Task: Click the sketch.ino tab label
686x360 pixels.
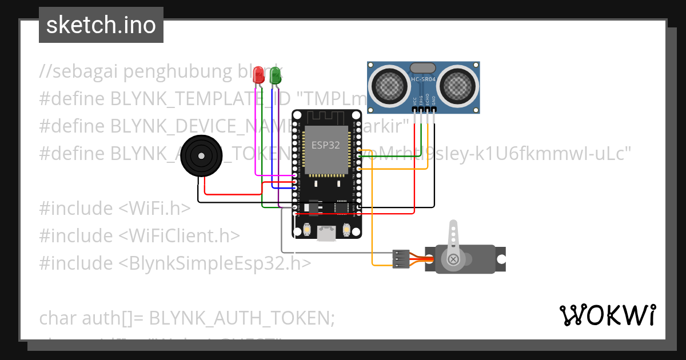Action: click(x=101, y=25)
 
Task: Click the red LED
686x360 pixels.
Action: click(x=259, y=75)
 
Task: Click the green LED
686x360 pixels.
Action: click(x=275, y=75)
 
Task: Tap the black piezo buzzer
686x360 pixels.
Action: click(x=201, y=156)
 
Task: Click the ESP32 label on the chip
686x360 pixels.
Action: click(x=325, y=145)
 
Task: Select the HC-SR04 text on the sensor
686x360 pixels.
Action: click(x=423, y=79)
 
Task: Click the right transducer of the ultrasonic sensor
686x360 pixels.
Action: click(x=457, y=86)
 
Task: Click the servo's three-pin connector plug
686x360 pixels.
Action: click(x=400, y=258)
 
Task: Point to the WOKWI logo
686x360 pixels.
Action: click(x=607, y=314)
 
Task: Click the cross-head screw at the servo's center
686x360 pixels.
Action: click(x=453, y=260)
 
